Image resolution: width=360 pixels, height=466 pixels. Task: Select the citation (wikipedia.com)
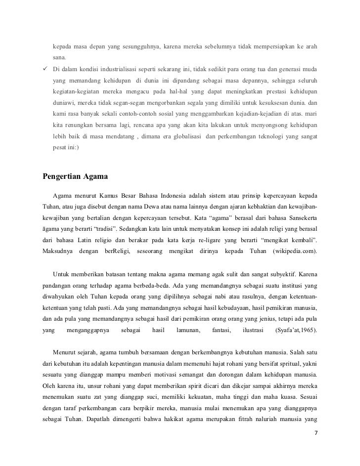pos(295,252)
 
